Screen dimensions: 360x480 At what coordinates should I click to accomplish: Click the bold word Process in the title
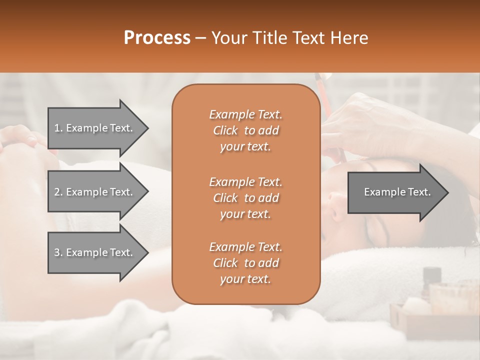(x=157, y=38)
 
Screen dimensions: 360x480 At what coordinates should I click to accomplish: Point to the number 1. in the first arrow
(x=58, y=128)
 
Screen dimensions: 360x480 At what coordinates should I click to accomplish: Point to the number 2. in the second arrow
(x=58, y=192)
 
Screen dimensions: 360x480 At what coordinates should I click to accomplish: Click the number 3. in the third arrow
(x=58, y=252)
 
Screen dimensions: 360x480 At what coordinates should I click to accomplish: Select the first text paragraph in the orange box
(x=245, y=130)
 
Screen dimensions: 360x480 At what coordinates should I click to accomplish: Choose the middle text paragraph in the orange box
(x=245, y=198)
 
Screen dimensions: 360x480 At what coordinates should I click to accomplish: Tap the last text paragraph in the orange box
(x=245, y=263)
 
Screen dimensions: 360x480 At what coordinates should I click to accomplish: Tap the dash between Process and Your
(x=201, y=38)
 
